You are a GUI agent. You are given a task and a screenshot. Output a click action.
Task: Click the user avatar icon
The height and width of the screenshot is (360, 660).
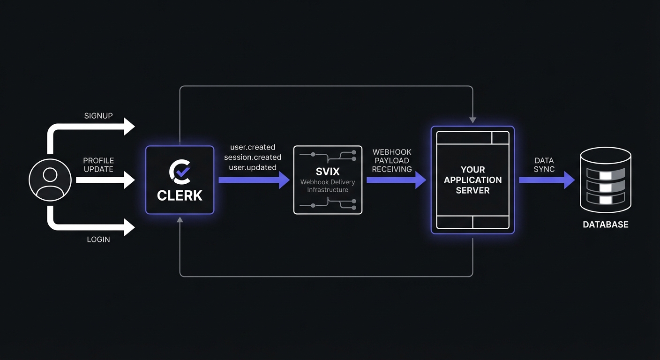coord(50,180)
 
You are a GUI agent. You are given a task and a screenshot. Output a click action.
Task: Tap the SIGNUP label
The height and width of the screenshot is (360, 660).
coord(98,116)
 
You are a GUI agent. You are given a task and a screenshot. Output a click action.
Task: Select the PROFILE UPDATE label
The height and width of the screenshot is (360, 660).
coord(98,165)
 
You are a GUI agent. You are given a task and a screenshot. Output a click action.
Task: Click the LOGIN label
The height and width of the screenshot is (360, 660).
coord(98,240)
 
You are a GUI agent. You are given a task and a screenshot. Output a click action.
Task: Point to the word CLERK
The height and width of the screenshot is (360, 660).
coord(180,195)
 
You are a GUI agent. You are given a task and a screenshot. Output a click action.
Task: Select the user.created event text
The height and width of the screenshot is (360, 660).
coord(253,147)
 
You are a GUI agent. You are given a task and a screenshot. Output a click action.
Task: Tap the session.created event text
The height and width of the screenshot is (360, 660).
coord(253,157)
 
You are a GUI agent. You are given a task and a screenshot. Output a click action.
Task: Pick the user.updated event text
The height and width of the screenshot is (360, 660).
coord(253,167)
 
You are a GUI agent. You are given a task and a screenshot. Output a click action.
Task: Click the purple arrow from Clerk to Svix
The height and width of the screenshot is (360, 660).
coord(254,180)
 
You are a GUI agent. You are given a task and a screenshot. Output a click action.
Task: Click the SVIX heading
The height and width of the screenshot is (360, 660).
coord(328,172)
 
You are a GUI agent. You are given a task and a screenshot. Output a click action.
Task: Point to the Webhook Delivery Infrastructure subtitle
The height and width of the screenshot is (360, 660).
coord(328,186)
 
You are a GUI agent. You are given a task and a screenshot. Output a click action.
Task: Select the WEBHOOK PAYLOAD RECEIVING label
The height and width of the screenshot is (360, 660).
coord(392,160)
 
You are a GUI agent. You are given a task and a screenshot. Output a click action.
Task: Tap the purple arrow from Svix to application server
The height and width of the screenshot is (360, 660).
coord(396,180)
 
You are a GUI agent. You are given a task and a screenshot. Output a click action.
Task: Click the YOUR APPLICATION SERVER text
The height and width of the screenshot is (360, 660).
coord(472,180)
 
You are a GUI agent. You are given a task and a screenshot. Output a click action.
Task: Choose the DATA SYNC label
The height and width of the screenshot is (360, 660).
coord(544,165)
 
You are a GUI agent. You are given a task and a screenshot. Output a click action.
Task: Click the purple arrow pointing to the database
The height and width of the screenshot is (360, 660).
coord(546,180)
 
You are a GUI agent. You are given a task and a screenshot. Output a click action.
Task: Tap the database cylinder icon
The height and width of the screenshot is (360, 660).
coord(605,180)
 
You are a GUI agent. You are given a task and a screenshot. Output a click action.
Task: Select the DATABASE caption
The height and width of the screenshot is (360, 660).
coord(605,225)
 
